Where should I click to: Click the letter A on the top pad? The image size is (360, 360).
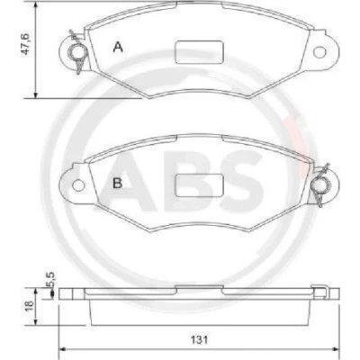click(118, 47)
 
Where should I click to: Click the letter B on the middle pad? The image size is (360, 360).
click(117, 183)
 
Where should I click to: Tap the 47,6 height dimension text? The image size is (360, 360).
click(25, 44)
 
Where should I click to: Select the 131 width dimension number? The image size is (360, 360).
click(199, 340)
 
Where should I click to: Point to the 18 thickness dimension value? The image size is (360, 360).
click(30, 306)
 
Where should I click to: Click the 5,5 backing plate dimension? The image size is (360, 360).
click(50, 280)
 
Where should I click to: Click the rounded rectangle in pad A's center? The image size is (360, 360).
click(200, 52)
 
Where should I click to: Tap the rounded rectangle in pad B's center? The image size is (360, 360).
click(200, 185)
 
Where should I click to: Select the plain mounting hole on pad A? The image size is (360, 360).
click(319, 52)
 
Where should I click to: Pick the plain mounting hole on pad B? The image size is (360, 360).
click(78, 185)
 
